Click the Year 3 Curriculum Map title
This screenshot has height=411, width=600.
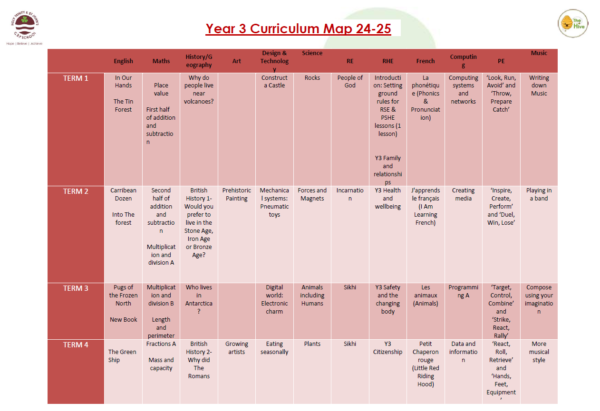coord(298,29)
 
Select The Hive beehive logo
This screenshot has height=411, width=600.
coord(573,23)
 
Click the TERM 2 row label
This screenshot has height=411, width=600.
coord(76,191)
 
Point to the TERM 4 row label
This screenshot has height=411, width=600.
coord(76,345)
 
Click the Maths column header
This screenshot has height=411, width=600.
coord(161,61)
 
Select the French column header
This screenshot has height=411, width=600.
coord(426,61)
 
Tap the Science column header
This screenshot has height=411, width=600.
coord(312,53)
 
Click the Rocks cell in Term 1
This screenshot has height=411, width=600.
coord(312,77)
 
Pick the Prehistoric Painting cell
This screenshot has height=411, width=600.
coord(236,194)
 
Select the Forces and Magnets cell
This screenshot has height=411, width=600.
coord(312,194)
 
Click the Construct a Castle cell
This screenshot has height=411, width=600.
coord(274,81)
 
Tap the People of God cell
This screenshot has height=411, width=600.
coord(350,81)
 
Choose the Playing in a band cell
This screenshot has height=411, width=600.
coord(539,194)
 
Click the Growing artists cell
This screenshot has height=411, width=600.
coord(236,348)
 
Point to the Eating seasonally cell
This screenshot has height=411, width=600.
coord(274,348)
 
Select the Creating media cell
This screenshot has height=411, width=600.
coord(463,194)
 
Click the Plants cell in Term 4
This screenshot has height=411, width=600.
coord(312,344)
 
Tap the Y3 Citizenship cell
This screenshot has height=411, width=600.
coord(387,348)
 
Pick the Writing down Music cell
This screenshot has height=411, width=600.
coord(539,86)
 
